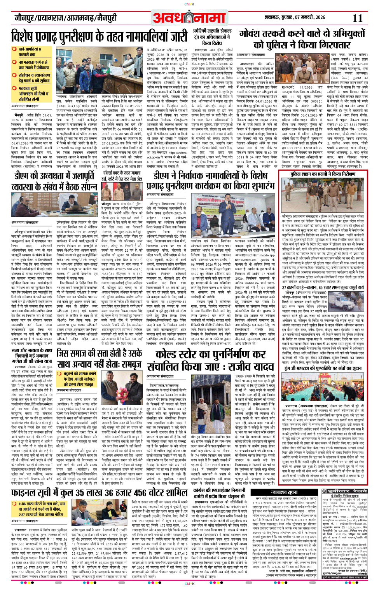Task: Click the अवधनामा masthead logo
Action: pos(189,18)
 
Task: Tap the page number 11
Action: pos(357,18)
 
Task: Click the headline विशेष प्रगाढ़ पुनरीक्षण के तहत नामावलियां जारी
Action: pos(100,37)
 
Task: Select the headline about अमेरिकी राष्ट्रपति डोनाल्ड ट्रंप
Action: pos(212,37)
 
